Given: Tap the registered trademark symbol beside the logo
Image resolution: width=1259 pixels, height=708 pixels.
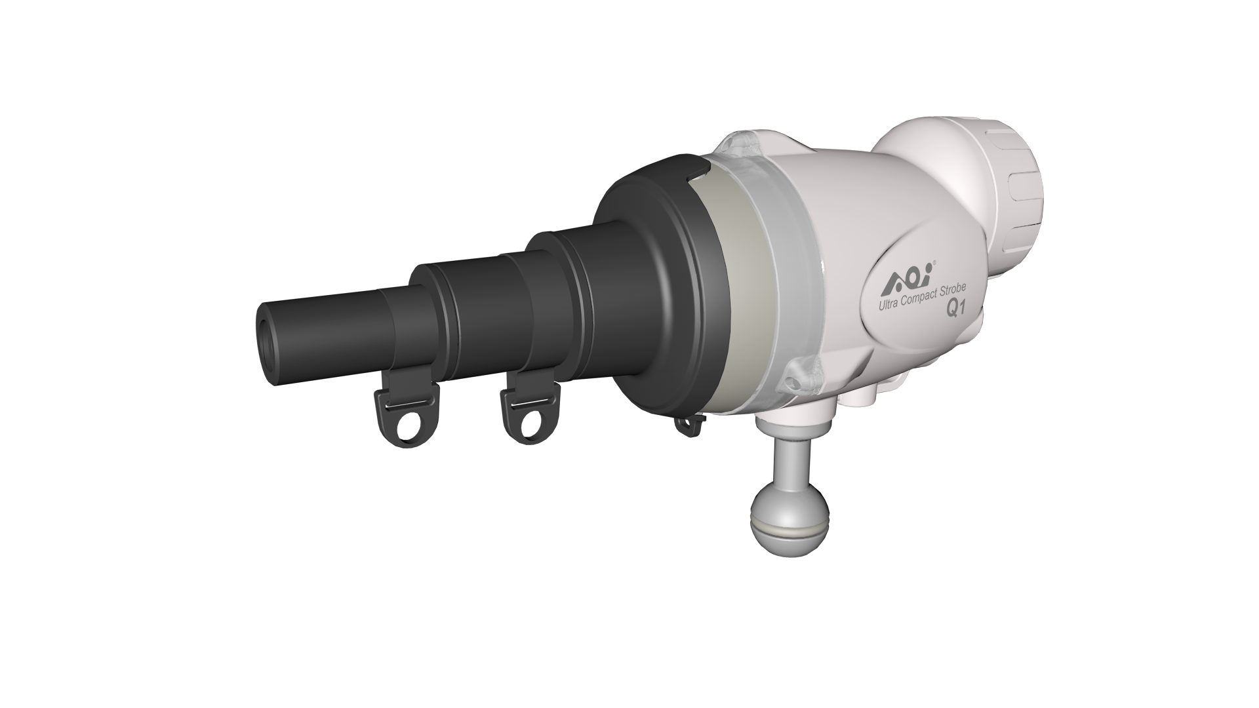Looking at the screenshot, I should [934, 262].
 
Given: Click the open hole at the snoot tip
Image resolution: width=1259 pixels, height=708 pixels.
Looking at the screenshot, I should [267, 342].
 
